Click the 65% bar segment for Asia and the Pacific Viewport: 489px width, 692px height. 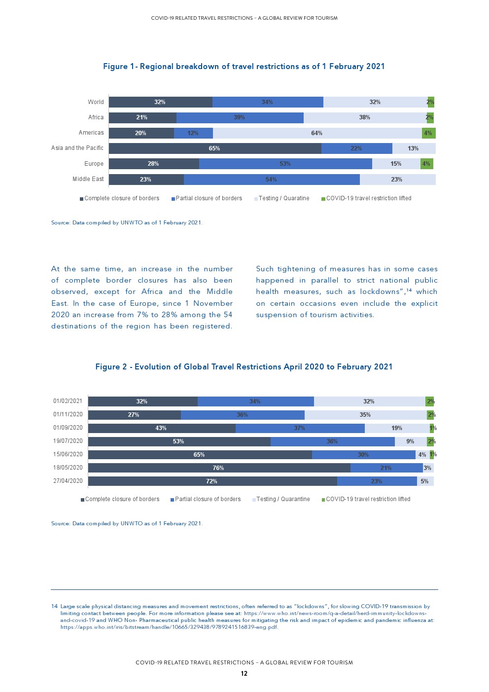point(214,148)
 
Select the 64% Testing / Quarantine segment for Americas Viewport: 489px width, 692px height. point(317,133)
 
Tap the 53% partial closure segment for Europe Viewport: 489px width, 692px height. point(285,164)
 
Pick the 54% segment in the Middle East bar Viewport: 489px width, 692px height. point(271,180)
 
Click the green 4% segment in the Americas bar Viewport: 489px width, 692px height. point(428,133)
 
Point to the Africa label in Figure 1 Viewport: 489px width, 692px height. point(96,117)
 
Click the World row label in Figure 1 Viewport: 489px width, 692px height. point(96,102)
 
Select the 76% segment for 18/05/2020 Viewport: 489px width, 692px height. point(218,468)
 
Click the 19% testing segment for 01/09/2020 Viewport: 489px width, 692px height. point(397,428)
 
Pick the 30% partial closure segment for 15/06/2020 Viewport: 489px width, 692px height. point(363,455)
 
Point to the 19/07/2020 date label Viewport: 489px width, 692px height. point(68,441)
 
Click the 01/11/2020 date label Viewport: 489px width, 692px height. point(68,414)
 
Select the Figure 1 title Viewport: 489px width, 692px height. point(244,67)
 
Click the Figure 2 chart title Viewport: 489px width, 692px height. point(244,367)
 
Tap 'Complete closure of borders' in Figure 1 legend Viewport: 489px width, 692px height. point(121,198)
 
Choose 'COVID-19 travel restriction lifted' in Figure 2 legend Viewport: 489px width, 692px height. point(368,499)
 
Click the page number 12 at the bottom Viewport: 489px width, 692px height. point(244,674)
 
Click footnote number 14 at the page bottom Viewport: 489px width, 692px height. point(54,607)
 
